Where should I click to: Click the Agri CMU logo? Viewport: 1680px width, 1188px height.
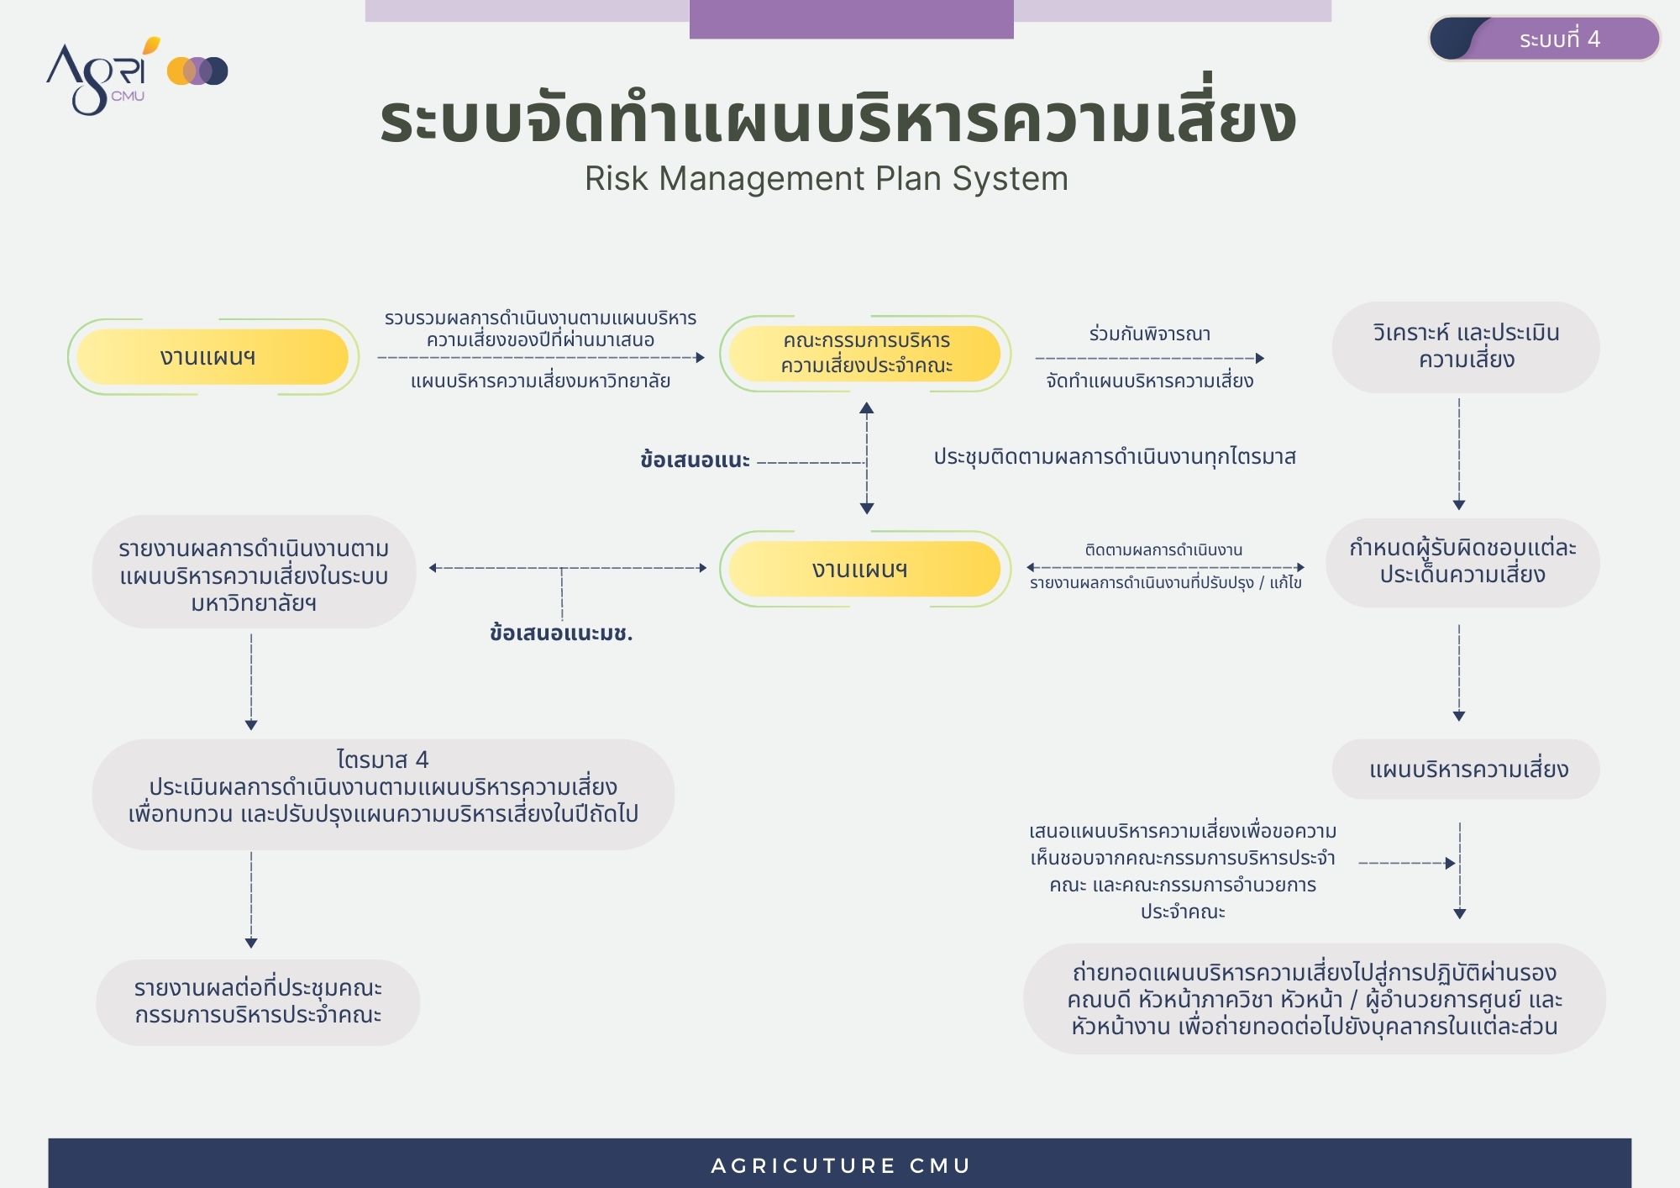(137, 75)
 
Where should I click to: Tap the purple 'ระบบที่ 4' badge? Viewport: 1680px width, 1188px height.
(1545, 39)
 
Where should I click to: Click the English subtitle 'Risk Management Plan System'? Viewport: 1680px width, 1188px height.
(827, 178)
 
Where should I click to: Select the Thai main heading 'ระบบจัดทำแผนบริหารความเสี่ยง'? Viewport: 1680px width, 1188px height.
(837, 118)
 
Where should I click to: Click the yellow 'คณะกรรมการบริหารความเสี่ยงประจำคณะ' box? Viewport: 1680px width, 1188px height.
(865, 354)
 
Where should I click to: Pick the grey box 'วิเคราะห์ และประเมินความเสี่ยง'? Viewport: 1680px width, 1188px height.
(1466, 346)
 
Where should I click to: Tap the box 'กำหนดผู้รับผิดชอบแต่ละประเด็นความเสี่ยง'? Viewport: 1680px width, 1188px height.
(1462, 562)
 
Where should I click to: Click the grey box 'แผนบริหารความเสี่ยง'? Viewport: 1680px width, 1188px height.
(1467, 769)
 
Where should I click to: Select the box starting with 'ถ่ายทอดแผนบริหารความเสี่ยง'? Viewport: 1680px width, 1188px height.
(1315, 999)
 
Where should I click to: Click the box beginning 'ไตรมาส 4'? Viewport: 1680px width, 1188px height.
(383, 794)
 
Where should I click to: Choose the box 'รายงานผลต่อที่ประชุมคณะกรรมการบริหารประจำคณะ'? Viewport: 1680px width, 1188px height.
(258, 1002)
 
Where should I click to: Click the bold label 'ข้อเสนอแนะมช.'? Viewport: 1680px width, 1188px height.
(561, 633)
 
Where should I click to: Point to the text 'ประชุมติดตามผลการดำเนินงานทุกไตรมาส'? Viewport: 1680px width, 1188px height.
(1115, 457)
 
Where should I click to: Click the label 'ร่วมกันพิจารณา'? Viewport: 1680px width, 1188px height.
(1150, 334)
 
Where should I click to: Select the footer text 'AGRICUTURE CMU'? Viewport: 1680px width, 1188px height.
(841, 1166)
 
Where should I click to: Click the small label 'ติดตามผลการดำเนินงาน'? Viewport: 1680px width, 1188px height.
(1163, 550)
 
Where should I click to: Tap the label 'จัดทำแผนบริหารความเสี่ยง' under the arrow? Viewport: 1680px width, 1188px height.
(1150, 381)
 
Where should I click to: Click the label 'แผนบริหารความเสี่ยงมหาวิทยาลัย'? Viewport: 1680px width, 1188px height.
(540, 381)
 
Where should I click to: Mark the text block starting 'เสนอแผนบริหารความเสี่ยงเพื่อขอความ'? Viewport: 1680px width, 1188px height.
(1183, 871)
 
